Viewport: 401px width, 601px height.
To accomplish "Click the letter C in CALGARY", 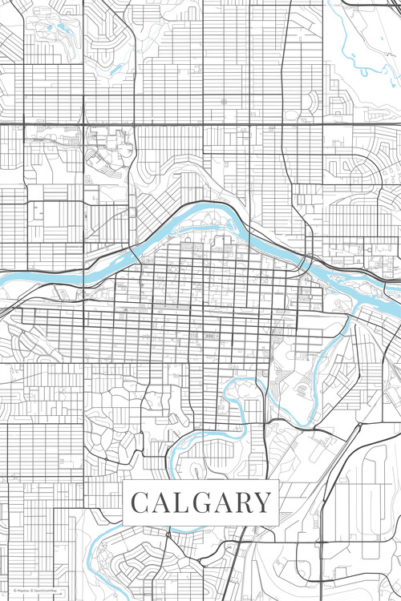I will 140,502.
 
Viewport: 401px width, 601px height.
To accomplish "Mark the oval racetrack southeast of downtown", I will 302,389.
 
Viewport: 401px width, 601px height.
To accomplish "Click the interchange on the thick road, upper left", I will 83,124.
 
